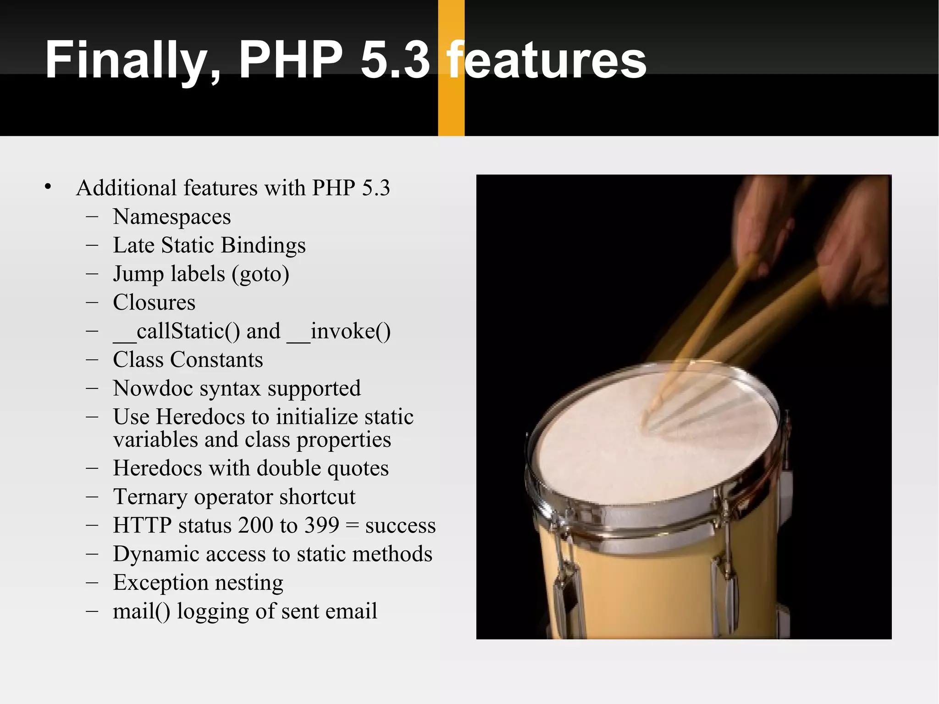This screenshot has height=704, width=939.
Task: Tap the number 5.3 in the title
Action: [395, 60]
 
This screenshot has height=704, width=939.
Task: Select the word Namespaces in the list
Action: [172, 216]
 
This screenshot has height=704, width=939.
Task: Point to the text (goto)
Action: [260, 274]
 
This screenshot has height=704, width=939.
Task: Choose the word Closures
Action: [154, 302]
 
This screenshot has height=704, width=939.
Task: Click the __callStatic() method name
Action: [177, 331]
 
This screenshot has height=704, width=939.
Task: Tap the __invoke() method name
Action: [339, 331]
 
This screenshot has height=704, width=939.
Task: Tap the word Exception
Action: [160, 582]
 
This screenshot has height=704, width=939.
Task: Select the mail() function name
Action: [141, 611]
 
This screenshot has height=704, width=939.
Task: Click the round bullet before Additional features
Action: [48, 187]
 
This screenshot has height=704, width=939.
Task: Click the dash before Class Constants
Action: [92, 360]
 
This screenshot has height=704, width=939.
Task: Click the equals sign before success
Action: [352, 526]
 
